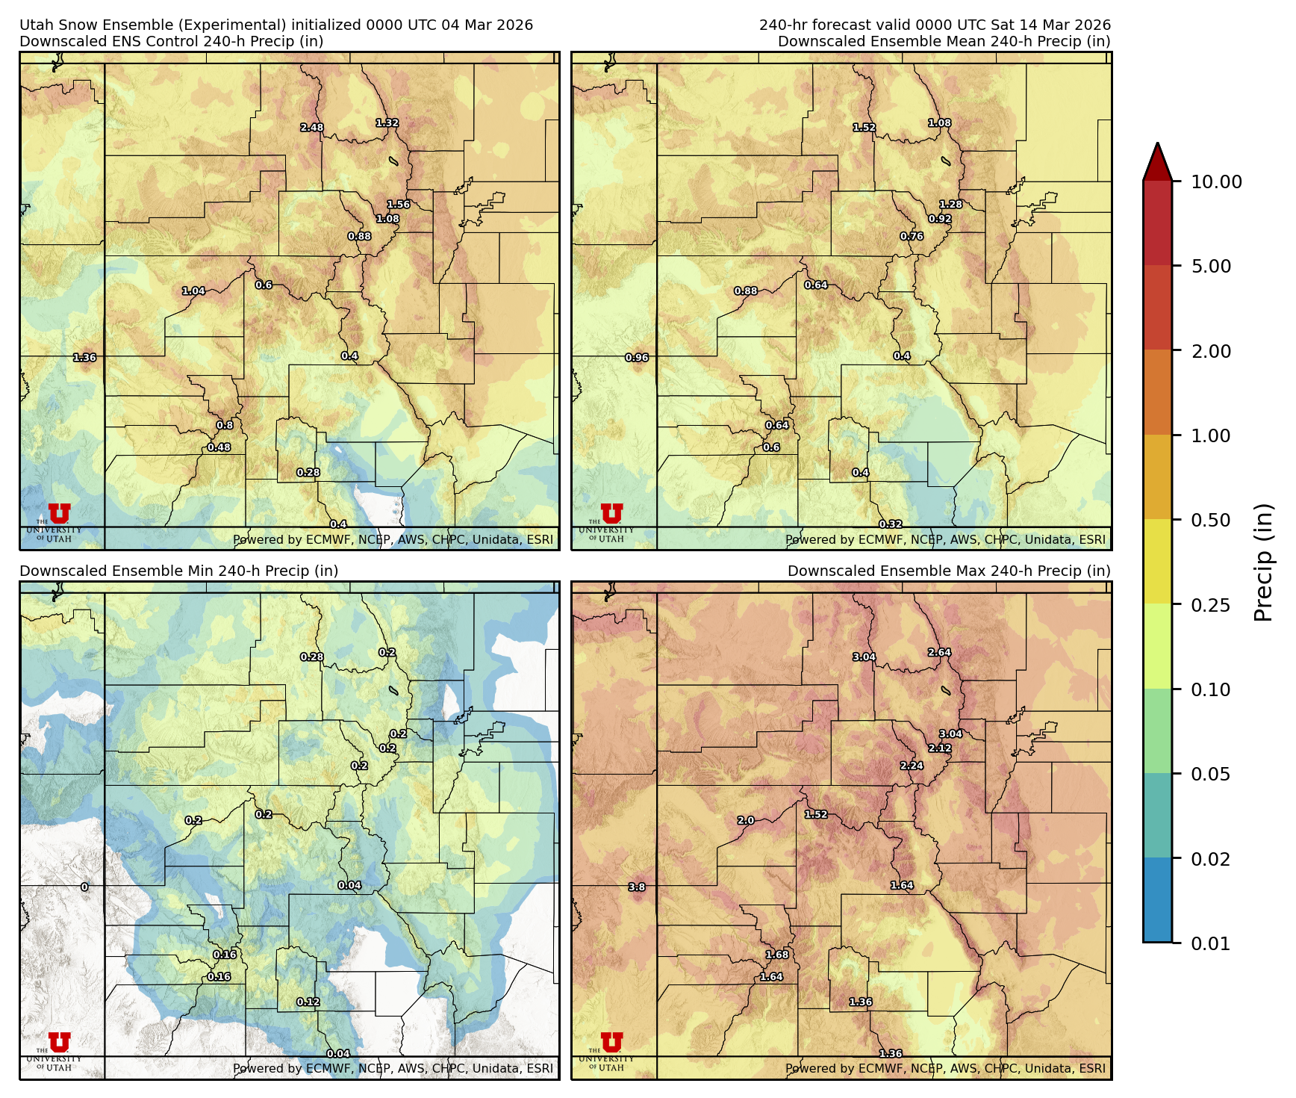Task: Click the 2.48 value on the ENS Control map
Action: coord(312,128)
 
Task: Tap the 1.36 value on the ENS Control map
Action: coord(84,358)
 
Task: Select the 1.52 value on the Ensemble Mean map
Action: coord(864,128)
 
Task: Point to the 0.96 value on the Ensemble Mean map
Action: coord(637,358)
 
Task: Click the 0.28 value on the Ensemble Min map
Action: coord(312,657)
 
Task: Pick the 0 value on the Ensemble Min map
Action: coord(84,887)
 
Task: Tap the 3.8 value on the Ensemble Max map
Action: coord(637,887)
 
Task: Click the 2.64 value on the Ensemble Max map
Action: coord(939,653)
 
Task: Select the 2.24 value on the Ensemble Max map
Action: coord(912,766)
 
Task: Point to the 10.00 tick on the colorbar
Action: coord(1216,182)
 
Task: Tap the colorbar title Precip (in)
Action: coord(1263,562)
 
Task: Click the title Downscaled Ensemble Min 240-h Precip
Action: coord(178,571)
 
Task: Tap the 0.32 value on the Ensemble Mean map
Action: coord(891,525)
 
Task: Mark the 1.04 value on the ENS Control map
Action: coord(193,291)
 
